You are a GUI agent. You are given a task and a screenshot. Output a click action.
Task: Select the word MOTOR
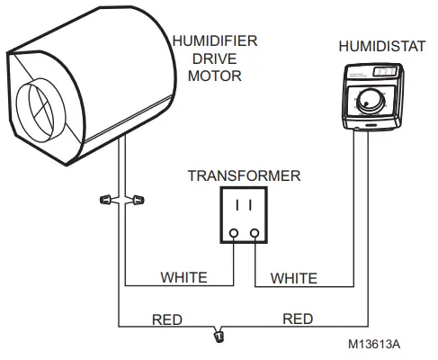coord(214,76)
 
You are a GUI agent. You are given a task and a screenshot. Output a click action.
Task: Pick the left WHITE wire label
coord(183,276)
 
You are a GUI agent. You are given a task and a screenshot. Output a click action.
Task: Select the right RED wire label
coord(298,318)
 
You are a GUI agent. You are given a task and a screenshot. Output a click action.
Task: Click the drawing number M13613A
coord(376,343)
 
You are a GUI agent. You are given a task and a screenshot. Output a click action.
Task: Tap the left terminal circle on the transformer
coord(235,235)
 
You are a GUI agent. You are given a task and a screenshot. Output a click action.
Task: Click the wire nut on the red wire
coord(218,337)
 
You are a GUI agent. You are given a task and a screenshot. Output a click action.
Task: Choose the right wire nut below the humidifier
coord(138,197)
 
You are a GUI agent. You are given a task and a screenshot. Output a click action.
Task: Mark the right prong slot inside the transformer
coord(251,205)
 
